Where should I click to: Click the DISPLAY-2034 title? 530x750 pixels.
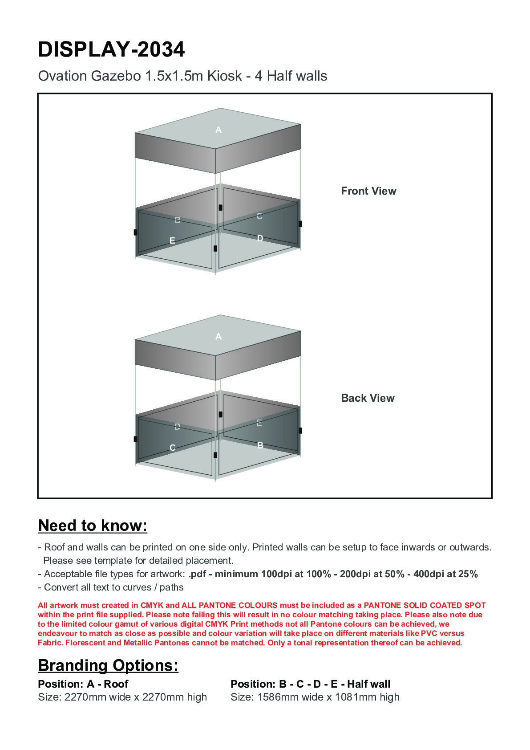[111, 49]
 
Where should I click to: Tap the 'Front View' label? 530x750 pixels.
[368, 191]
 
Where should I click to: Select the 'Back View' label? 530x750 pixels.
[368, 398]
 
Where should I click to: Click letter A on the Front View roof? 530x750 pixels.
[218, 130]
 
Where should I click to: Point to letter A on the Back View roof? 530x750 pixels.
[218, 337]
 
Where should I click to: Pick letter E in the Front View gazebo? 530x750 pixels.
[172, 240]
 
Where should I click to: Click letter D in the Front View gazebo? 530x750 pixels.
[260, 238]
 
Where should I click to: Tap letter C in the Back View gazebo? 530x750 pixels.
[173, 448]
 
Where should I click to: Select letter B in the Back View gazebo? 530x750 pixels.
[260, 445]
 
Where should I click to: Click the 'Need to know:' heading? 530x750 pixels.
[93, 526]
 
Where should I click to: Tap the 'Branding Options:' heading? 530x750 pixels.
[108, 665]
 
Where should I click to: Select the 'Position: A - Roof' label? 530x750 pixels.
[83, 684]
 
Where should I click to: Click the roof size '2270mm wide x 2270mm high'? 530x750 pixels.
[136, 697]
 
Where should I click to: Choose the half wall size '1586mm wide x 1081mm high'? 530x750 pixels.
[328, 697]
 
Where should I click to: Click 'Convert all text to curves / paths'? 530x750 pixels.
[113, 587]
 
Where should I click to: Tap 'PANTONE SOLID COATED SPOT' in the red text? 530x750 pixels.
[425, 605]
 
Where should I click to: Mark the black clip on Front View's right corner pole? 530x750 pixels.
[300, 224]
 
